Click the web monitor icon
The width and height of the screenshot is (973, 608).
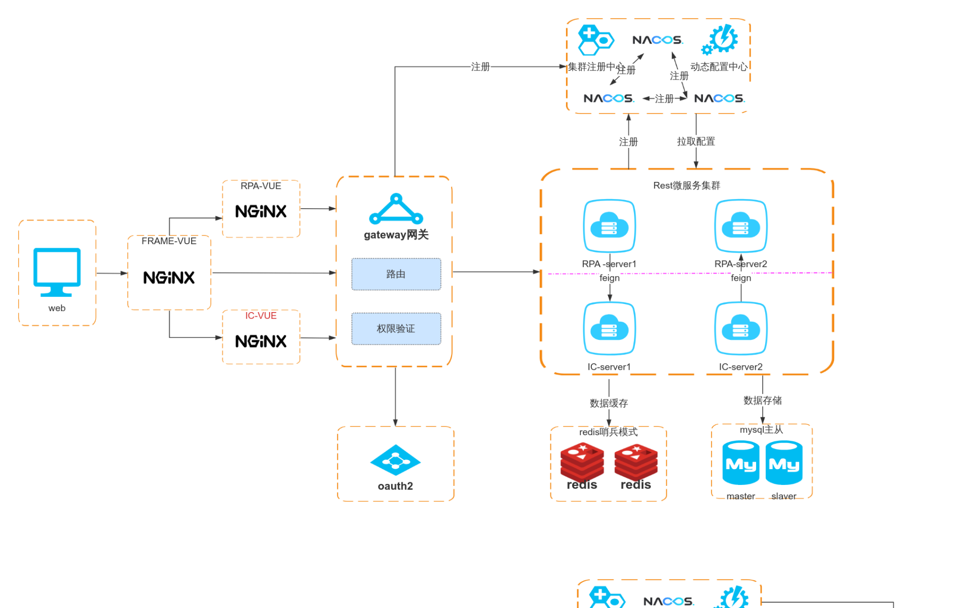pyautogui.click(x=57, y=272)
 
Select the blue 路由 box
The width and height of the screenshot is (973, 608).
pyautogui.click(x=396, y=274)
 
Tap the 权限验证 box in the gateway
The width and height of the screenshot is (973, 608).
pyautogui.click(x=396, y=329)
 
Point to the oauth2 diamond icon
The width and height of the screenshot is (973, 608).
pyautogui.click(x=395, y=460)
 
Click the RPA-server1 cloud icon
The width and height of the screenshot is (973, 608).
pyautogui.click(x=609, y=226)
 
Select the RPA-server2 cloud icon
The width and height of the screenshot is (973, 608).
pyautogui.click(x=740, y=226)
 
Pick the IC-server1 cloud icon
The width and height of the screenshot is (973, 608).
pyautogui.click(x=609, y=329)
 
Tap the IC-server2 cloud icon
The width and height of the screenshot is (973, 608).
pyautogui.click(x=740, y=329)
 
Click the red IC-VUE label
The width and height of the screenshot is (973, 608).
pyautogui.click(x=261, y=316)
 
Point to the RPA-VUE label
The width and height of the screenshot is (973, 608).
pyautogui.click(x=261, y=186)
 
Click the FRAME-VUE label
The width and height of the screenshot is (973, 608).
pyautogui.click(x=169, y=241)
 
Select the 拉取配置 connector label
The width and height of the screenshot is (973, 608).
pyautogui.click(x=696, y=141)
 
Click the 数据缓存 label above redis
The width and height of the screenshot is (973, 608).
pyautogui.click(x=609, y=403)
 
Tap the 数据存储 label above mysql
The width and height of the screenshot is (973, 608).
pyautogui.click(x=762, y=400)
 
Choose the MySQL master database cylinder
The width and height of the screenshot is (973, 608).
pyautogui.click(x=740, y=463)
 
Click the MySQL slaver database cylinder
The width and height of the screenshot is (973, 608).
pyautogui.click(x=783, y=463)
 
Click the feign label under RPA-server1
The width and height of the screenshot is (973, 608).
pyautogui.click(x=609, y=278)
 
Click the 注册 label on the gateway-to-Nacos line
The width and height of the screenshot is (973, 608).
pyautogui.click(x=480, y=66)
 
